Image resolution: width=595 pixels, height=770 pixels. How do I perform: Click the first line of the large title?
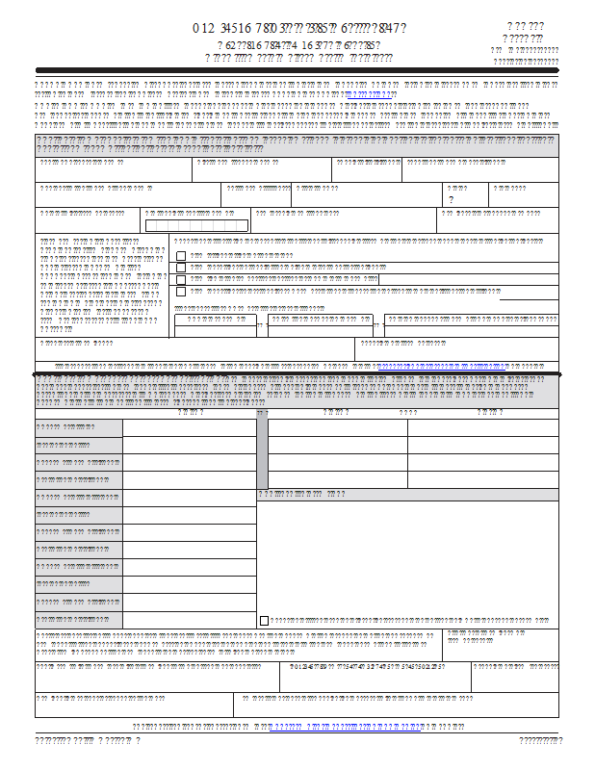298,28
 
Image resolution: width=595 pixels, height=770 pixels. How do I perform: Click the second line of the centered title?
298,44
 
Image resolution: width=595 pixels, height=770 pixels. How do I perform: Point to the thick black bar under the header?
297,70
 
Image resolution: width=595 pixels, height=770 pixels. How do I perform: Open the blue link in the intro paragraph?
370,96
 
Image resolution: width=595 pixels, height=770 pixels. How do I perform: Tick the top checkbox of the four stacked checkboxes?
180,256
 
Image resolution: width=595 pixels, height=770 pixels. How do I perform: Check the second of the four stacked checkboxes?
180,268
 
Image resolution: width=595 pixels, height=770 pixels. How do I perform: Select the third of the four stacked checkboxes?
180,279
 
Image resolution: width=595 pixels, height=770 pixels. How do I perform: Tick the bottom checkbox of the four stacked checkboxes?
180,291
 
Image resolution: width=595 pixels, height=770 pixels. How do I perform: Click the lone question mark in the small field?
452,199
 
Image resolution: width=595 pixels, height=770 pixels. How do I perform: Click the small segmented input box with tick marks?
195,225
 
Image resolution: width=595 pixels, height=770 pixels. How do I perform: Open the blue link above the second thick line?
443,367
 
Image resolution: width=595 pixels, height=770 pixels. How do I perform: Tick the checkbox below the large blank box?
265,621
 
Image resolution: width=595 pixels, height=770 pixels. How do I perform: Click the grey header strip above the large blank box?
408,495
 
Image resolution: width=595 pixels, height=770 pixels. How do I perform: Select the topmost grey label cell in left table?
79,427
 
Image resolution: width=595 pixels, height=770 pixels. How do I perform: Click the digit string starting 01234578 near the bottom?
366,666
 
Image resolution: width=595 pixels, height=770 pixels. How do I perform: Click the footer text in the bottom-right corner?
540,740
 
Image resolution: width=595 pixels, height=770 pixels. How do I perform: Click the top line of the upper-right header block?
525,26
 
